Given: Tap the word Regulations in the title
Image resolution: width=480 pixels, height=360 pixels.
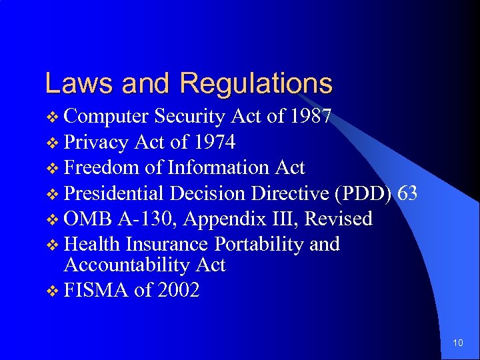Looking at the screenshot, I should point(255,85).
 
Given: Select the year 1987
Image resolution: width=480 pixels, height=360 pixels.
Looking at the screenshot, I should point(311,117).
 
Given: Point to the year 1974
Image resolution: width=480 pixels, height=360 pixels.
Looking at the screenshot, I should point(215,143).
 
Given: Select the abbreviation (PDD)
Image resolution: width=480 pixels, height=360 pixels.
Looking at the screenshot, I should point(364,194).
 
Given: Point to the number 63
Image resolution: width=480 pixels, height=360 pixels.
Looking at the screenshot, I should point(407,193).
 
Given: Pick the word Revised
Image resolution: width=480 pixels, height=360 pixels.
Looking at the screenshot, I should point(340,219).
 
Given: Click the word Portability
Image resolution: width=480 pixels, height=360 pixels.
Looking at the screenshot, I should point(257,245).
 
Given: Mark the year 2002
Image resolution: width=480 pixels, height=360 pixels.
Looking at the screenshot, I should point(178,291).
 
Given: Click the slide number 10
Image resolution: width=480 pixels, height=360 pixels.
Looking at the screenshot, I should point(457,343).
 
